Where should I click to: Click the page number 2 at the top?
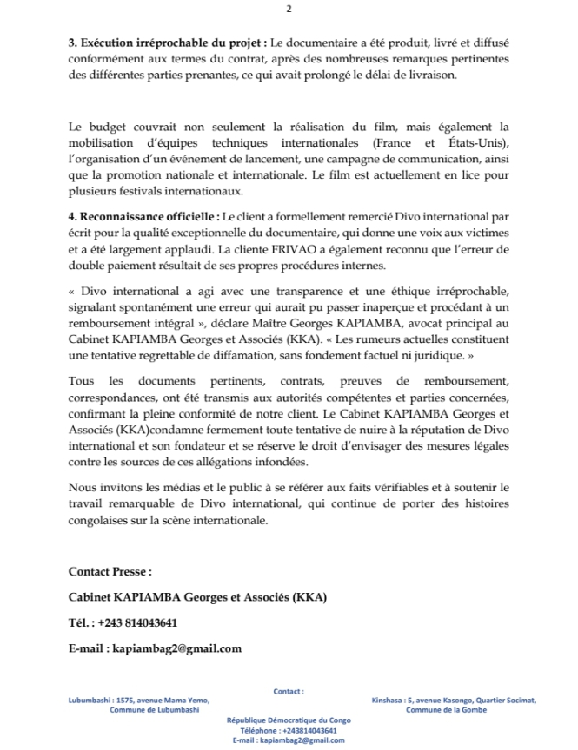tap(289, 10)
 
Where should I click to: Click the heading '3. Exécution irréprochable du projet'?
tap(168, 43)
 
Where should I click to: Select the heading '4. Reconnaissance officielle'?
tap(144, 214)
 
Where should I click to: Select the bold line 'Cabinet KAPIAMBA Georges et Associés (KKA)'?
tap(198, 597)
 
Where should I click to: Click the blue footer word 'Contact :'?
tap(289, 691)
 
